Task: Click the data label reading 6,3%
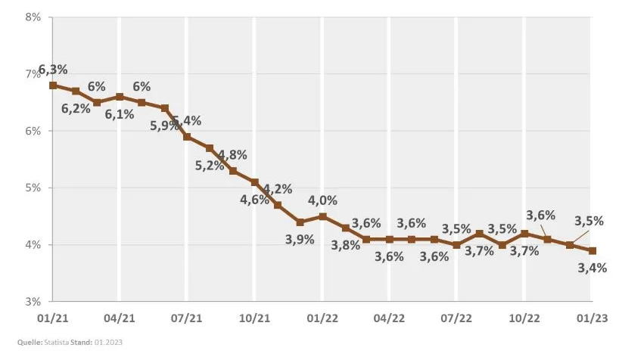point(53,70)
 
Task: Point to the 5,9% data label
point(164,126)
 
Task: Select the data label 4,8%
point(232,155)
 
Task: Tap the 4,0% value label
point(322,200)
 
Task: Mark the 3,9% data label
point(299,239)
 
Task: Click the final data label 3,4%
point(592,267)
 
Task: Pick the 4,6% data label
point(254,200)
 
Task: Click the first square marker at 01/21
point(52,85)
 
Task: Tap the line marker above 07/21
point(187,137)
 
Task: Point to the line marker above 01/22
point(322,216)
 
